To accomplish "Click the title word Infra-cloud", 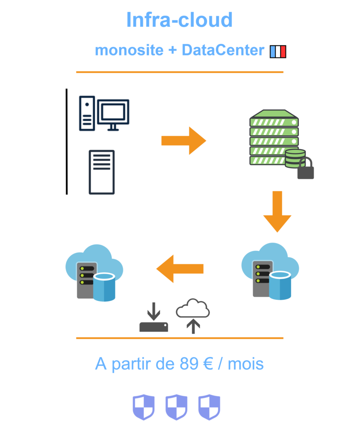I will pyautogui.click(x=179, y=20).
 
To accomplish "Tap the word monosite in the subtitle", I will pyautogui.click(x=129, y=50).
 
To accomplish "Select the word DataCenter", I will pyautogui.click(x=223, y=50).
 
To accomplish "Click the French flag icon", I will pyautogui.click(x=278, y=52).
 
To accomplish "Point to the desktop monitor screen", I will pyautogui.click(x=113, y=112).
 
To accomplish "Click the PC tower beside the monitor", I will pyautogui.click(x=87, y=113).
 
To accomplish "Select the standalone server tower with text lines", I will pyautogui.click(x=101, y=172).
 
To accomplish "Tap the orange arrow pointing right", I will pyautogui.click(x=183, y=140).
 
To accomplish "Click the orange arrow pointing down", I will pyautogui.click(x=277, y=211).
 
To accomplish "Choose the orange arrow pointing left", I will pyautogui.click(x=180, y=269).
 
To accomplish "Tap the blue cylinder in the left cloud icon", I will pyautogui.click(x=104, y=287).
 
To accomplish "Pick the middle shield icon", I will pyautogui.click(x=176, y=407).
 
